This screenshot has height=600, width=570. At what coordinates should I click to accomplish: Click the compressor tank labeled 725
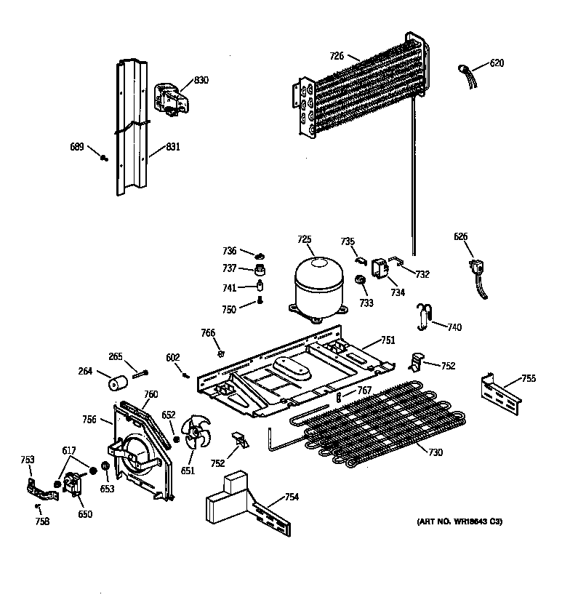pyautogui.click(x=317, y=287)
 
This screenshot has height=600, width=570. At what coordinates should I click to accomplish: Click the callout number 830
pyautogui.click(x=201, y=80)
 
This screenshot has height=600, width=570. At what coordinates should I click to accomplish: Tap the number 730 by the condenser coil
pyautogui.click(x=435, y=453)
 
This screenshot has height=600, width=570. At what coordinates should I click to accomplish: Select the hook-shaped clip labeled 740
pyautogui.click(x=425, y=314)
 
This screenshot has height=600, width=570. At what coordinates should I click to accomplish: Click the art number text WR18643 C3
pyautogui.click(x=459, y=522)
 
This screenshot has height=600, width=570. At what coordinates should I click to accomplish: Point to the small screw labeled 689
pyautogui.click(x=104, y=159)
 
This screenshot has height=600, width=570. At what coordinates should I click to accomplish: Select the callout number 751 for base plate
pyautogui.click(x=389, y=340)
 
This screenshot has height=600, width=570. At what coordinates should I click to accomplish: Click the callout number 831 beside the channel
pyautogui.click(x=172, y=146)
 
